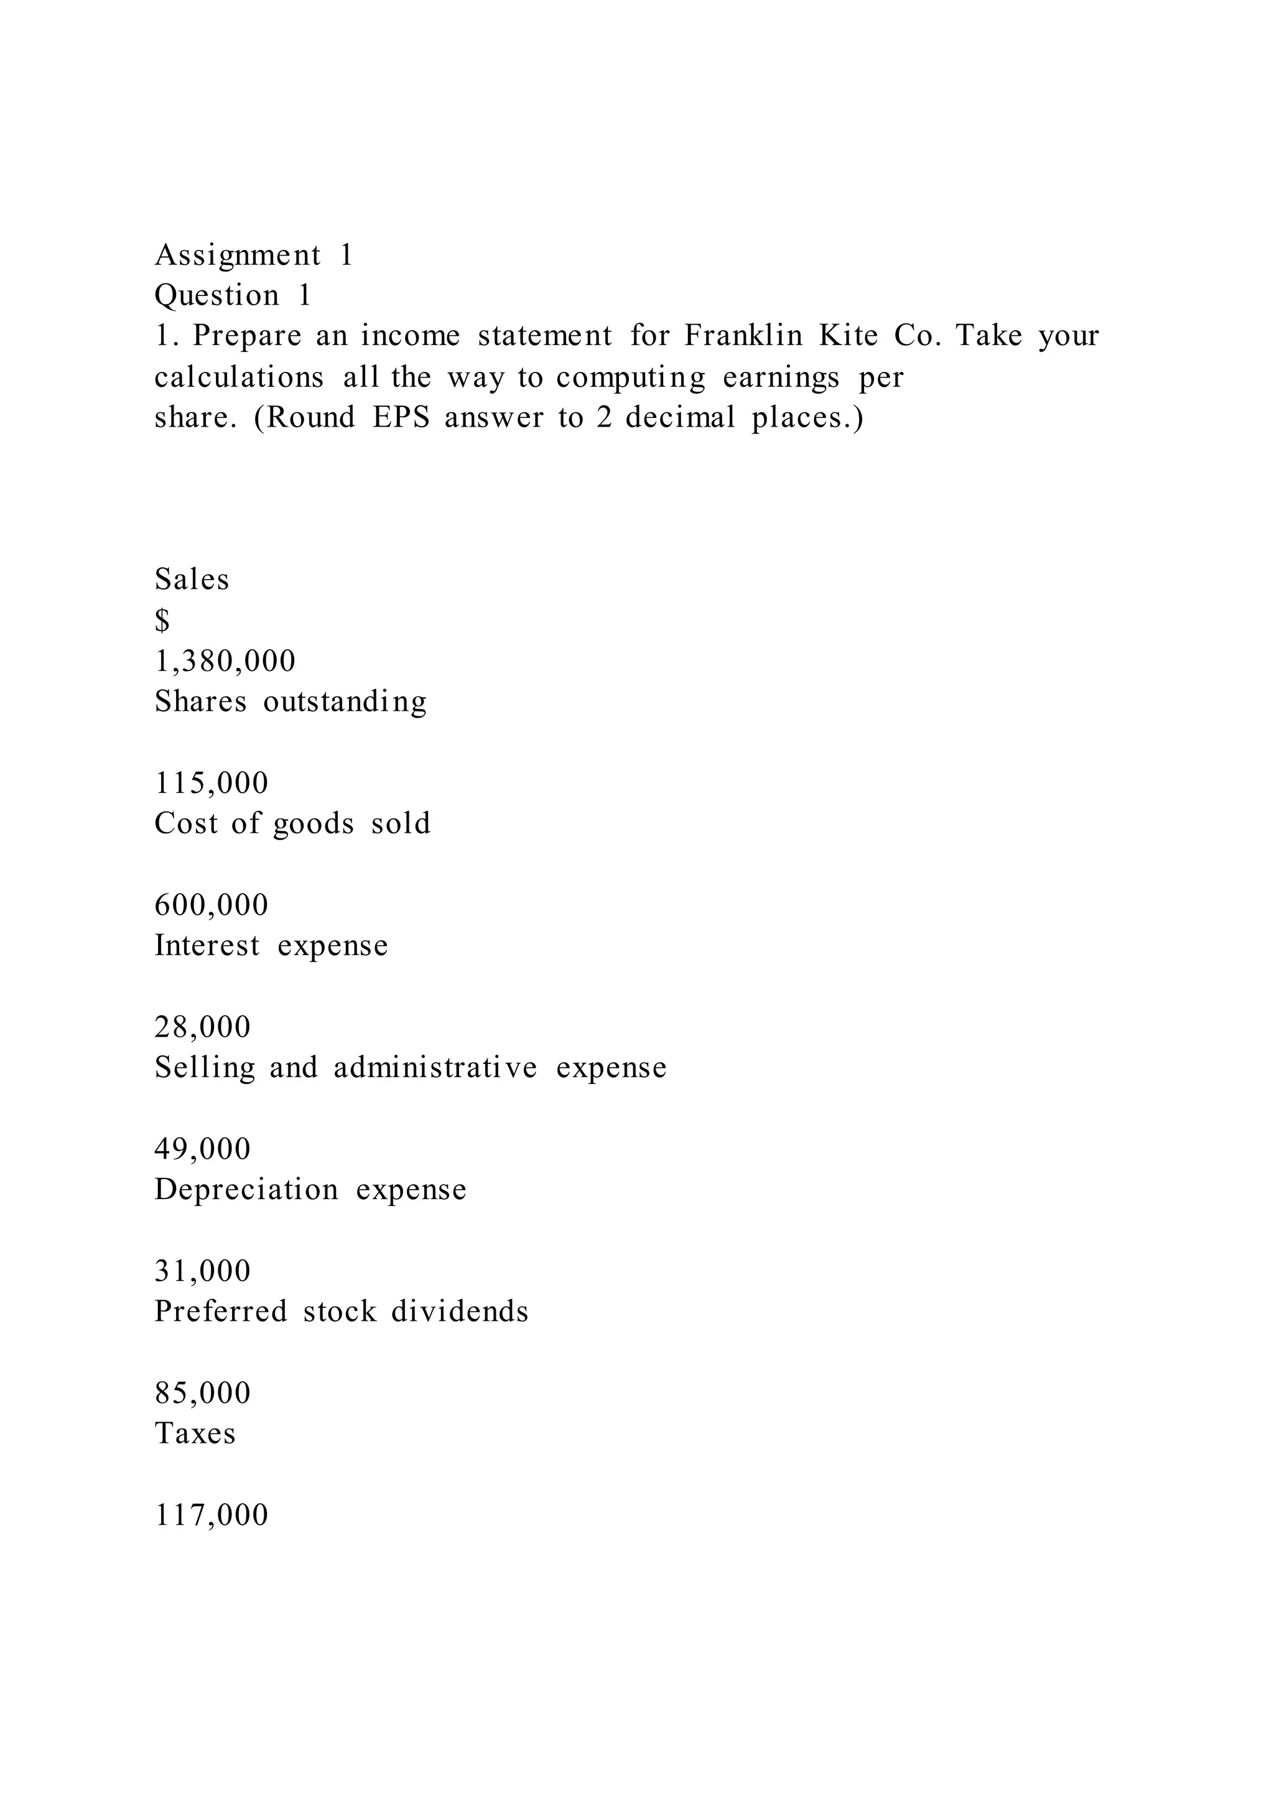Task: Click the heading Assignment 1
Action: (253, 256)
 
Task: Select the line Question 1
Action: (233, 296)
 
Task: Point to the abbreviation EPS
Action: (401, 417)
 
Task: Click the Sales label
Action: (192, 580)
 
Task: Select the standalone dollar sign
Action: (162, 621)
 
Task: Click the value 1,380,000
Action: (225, 661)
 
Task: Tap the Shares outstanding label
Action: (291, 702)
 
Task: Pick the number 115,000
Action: (211, 783)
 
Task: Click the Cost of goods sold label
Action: (292, 823)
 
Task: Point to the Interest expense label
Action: (271, 946)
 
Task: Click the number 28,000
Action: (202, 1027)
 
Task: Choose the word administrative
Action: (435, 1068)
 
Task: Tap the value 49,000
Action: (202, 1149)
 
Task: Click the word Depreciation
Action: (246, 1190)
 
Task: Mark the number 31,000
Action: (202, 1271)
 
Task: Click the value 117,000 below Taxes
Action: (211, 1515)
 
